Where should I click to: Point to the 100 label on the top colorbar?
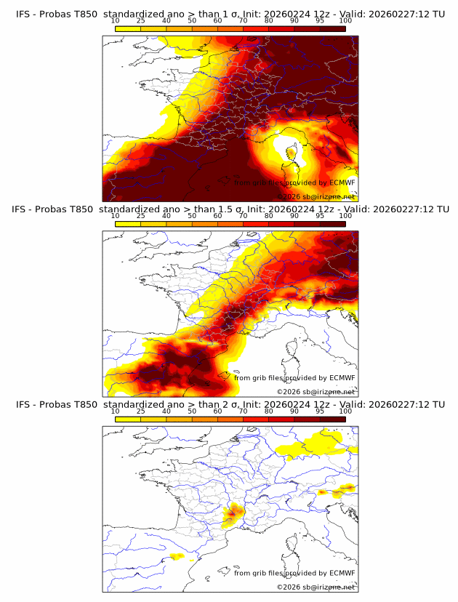(345, 21)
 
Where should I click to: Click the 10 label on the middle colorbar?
(115, 216)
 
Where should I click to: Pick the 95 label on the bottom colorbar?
(320, 411)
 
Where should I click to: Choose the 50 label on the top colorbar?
(192, 21)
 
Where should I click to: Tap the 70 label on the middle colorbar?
(243, 216)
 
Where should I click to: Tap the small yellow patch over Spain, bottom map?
(176, 557)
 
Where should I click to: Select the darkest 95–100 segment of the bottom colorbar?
(332, 418)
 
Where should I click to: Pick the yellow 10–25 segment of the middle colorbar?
(128, 223)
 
